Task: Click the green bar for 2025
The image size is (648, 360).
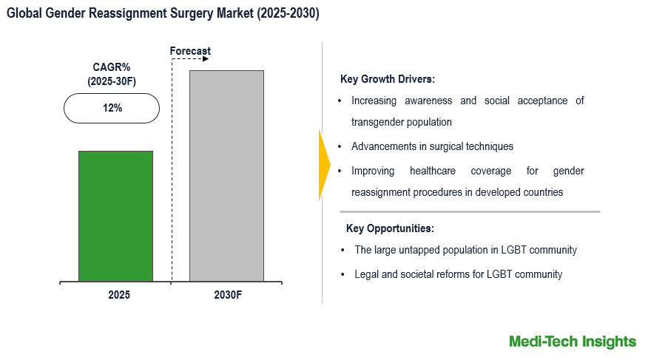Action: (115, 216)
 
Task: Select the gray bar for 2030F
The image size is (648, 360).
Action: (226, 176)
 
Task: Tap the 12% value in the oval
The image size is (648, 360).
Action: (112, 108)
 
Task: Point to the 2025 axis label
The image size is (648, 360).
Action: (118, 294)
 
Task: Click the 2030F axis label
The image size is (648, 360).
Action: (228, 294)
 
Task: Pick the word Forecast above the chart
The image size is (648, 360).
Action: (190, 51)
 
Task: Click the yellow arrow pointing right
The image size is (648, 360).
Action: (324, 165)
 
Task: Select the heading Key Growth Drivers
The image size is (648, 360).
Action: (387, 79)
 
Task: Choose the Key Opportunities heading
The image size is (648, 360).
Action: (390, 228)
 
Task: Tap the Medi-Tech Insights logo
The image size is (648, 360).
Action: (572, 341)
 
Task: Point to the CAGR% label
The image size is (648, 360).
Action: (111, 67)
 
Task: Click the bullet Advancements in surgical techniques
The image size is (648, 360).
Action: (432, 146)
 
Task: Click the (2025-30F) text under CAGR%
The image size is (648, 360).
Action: (112, 81)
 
